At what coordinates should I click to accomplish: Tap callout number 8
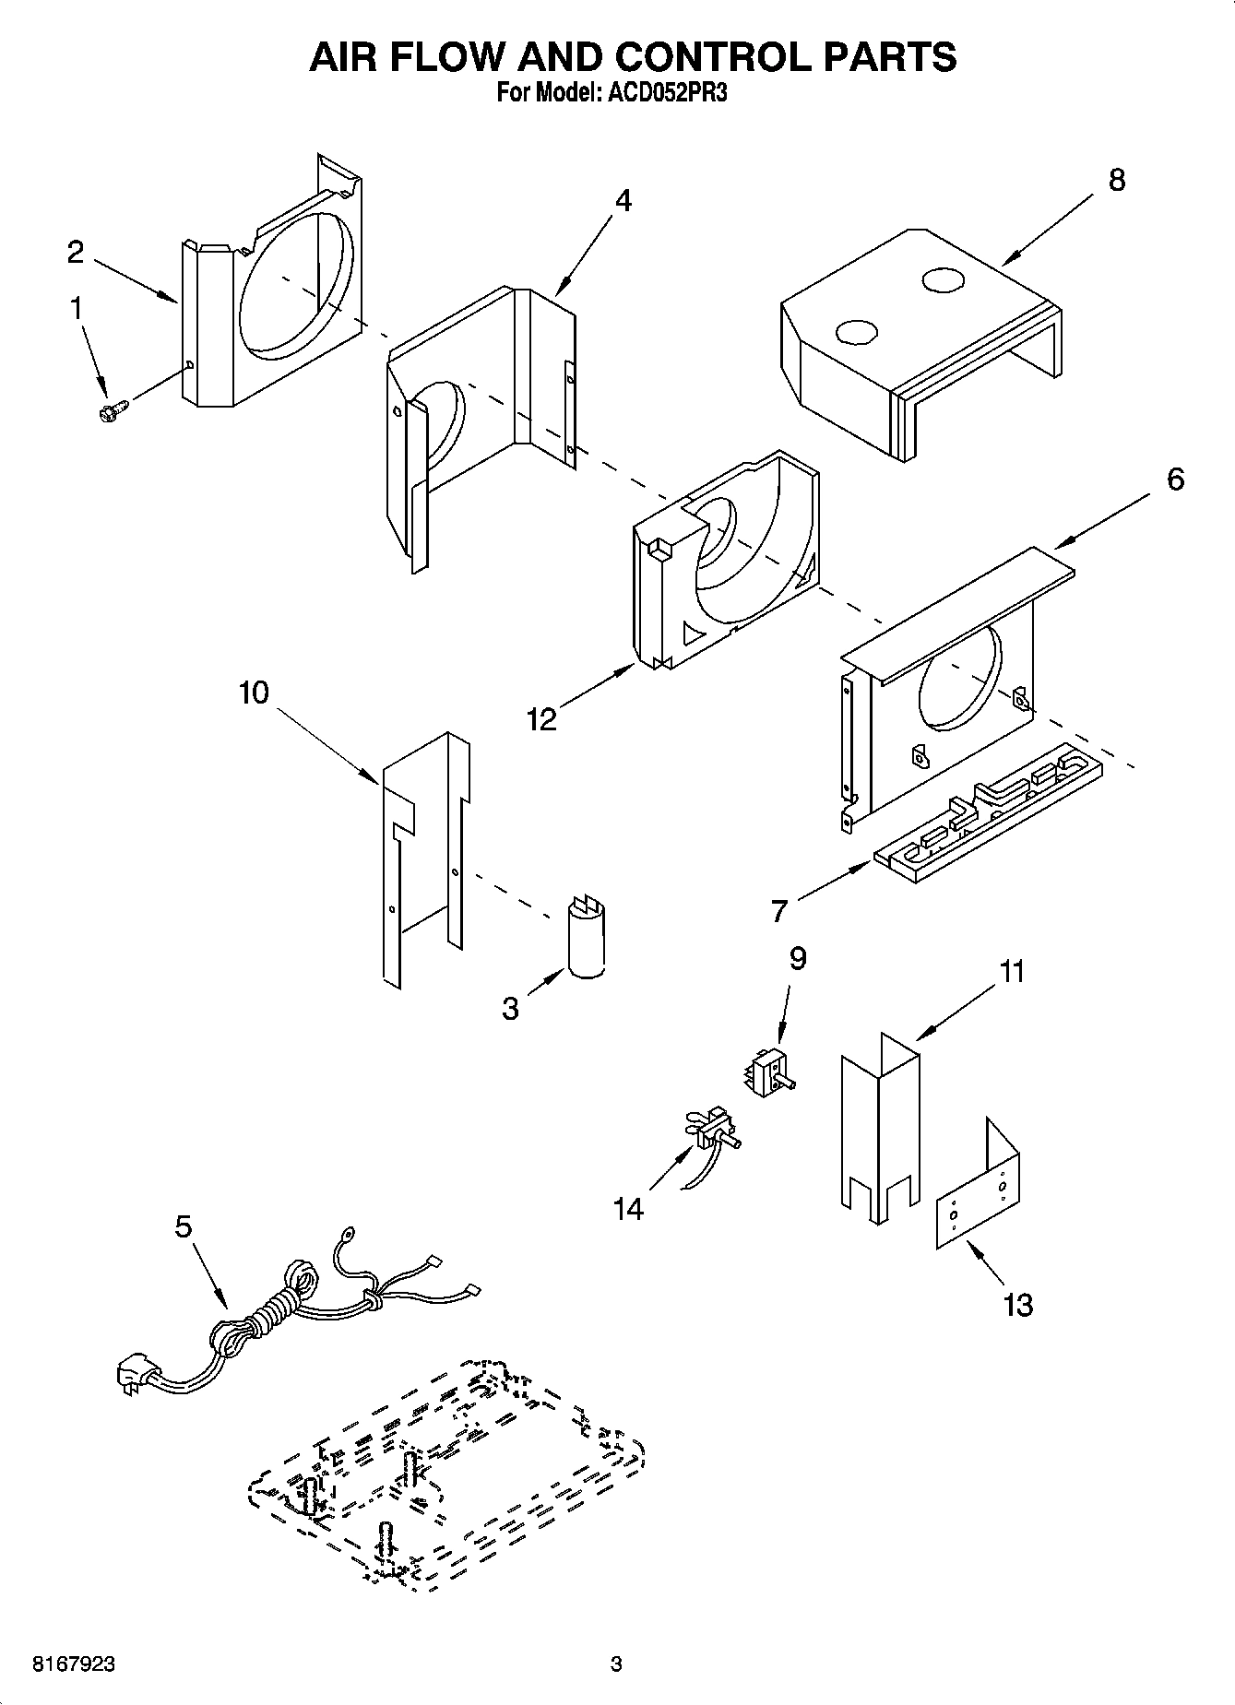tap(1116, 180)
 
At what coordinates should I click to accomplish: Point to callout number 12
tap(541, 719)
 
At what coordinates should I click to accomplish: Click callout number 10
tap(254, 693)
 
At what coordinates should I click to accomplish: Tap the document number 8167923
tap(74, 1664)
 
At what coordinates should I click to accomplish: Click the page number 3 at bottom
tap(616, 1664)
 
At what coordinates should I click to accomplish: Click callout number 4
tap(623, 201)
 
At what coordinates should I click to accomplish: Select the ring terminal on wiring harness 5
tap(350, 1233)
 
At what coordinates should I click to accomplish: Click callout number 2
tap(75, 252)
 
